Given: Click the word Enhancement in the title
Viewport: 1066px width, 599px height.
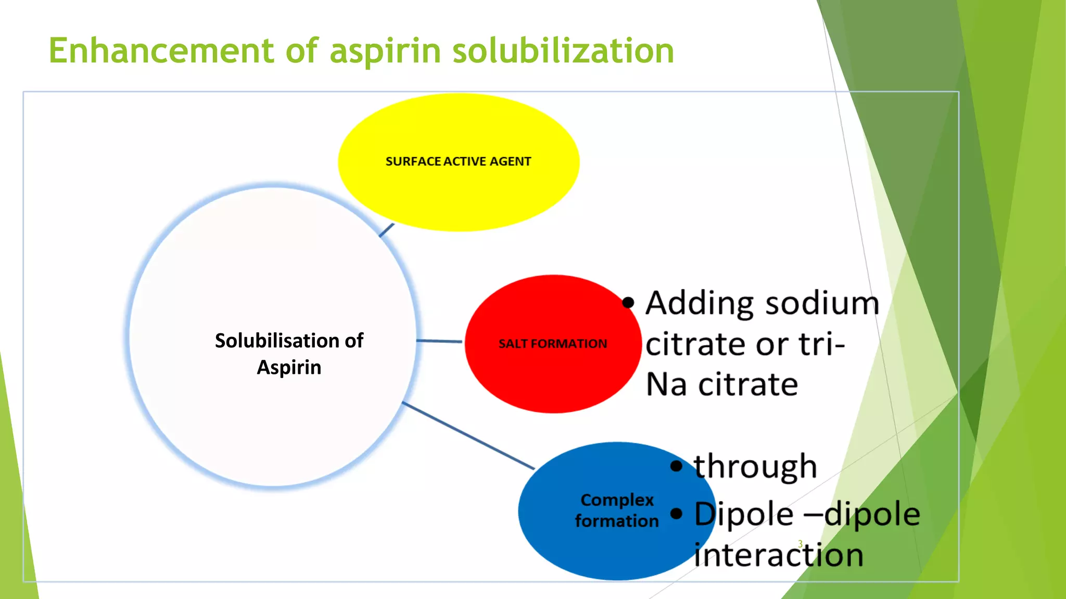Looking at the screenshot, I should (161, 50).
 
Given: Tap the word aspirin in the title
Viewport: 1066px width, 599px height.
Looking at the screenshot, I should (385, 51).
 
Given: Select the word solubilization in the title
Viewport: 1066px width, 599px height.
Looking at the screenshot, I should (563, 50).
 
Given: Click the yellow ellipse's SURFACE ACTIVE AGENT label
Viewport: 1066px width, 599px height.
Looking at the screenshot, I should (458, 162).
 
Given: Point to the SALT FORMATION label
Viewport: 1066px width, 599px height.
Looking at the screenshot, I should (553, 344).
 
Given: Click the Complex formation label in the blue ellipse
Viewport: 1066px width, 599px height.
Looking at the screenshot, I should (617, 510).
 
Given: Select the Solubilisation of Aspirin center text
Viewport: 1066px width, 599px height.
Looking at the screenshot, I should (289, 354).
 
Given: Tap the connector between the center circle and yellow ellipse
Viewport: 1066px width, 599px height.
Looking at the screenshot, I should (386, 230).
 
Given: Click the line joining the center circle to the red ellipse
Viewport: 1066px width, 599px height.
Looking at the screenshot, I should (439, 341).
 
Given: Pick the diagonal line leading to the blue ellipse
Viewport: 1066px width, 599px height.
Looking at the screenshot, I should (468, 436).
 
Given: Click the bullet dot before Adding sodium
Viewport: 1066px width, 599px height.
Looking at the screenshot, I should (628, 302).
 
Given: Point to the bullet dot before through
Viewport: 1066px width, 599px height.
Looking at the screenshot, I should (676, 465).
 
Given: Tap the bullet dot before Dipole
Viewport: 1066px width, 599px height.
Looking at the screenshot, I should (676, 514).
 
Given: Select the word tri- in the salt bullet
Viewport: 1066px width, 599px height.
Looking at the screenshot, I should (822, 344).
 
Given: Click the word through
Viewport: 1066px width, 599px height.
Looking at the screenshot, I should (755, 466).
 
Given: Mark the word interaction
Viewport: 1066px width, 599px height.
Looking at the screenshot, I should (779, 554).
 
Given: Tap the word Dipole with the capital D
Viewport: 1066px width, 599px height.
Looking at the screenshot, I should (744, 514).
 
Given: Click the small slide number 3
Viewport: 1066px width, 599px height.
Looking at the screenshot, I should (801, 544).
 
